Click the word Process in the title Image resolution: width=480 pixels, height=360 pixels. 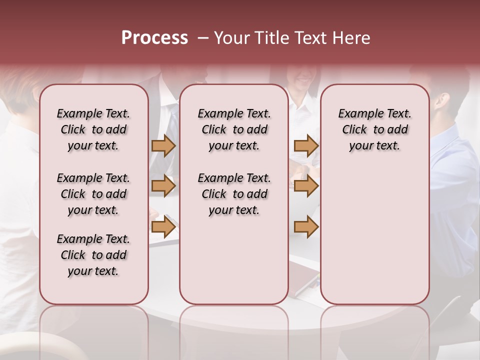[x=154, y=38]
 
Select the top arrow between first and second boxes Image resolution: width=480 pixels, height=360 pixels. [x=163, y=145]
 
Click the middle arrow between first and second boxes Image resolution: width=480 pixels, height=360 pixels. [x=163, y=186]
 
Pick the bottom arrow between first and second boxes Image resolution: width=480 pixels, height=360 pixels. [x=163, y=227]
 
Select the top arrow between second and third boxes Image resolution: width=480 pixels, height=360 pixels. [x=306, y=145]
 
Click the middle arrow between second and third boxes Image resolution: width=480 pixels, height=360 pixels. [x=306, y=186]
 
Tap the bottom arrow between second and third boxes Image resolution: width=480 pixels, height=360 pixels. [x=306, y=227]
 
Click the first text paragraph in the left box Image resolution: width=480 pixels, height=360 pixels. [x=93, y=129]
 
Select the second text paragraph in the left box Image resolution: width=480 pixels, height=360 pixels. [x=93, y=194]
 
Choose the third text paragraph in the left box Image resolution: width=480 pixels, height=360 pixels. [x=93, y=255]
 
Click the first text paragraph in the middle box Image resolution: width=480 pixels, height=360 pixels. [x=234, y=129]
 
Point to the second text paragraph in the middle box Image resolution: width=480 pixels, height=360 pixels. [x=234, y=194]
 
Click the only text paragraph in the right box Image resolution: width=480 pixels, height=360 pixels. [x=374, y=129]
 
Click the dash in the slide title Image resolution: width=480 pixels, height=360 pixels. [x=202, y=38]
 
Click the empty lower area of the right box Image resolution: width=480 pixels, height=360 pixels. [x=374, y=240]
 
